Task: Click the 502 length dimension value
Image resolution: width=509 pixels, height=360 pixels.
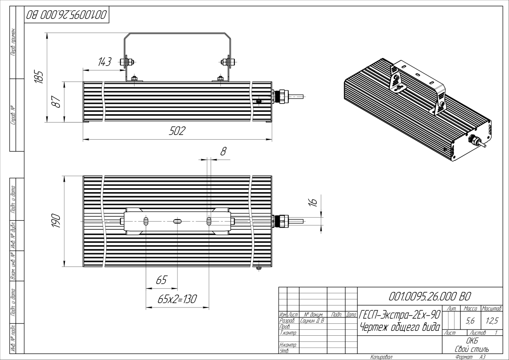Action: (x=177, y=132)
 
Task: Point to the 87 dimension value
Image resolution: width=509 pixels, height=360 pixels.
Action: (x=57, y=102)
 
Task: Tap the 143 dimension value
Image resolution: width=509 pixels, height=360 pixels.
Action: (x=104, y=62)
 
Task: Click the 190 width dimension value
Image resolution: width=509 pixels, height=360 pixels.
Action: (x=56, y=221)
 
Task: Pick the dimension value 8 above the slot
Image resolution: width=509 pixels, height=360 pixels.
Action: (x=223, y=151)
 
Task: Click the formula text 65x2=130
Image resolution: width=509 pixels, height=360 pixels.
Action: (x=177, y=299)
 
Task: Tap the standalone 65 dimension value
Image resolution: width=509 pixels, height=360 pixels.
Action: (x=161, y=280)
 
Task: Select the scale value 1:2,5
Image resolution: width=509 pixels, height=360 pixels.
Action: (x=491, y=319)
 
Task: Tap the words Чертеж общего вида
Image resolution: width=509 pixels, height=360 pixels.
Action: (x=400, y=327)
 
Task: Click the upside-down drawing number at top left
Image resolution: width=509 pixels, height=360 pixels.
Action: (x=66, y=16)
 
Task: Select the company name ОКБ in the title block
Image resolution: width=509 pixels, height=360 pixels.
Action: (x=472, y=341)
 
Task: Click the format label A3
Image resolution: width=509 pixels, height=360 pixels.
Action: (x=483, y=357)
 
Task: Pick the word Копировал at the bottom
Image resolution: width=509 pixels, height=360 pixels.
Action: (x=381, y=357)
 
